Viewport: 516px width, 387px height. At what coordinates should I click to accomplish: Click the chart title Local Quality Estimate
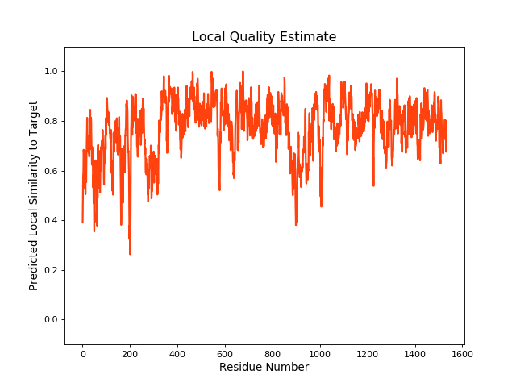point(264,37)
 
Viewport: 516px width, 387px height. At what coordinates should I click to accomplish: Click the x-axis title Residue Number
point(264,368)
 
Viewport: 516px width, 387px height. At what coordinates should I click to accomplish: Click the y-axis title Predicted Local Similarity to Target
point(34,195)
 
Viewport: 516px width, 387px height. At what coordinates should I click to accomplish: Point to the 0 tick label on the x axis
point(82,352)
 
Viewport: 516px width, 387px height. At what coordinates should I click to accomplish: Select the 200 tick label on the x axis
point(130,352)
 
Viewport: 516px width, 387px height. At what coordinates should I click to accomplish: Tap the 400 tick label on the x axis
point(177,352)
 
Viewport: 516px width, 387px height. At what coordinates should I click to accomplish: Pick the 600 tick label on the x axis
point(225,352)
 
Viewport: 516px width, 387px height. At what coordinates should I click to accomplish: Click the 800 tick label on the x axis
point(273,352)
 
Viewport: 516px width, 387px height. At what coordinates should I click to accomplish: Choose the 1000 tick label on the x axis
point(320,352)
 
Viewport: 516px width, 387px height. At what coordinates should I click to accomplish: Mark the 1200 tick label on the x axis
point(368,352)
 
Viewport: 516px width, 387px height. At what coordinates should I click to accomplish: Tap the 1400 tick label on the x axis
point(415,352)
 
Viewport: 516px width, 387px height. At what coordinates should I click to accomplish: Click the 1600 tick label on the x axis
point(463,352)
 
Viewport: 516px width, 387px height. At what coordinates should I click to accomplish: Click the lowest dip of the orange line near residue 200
point(130,254)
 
